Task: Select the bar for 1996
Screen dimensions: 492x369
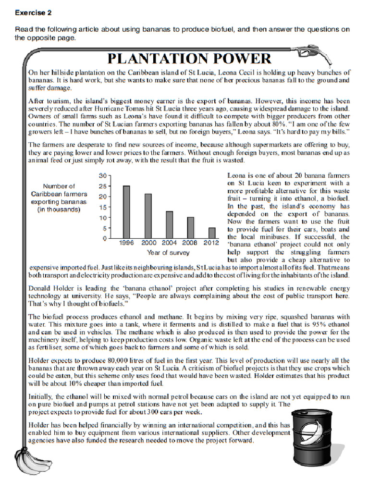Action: [126, 212]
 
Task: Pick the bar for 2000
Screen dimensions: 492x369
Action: [148, 216]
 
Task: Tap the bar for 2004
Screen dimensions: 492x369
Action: [170, 224]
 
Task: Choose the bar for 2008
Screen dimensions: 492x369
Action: [191, 227]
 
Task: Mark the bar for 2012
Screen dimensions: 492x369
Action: [212, 233]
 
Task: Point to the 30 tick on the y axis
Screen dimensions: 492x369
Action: [102, 176]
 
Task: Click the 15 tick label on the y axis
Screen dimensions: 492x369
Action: [102, 208]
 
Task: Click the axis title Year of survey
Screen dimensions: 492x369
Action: [168, 253]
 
